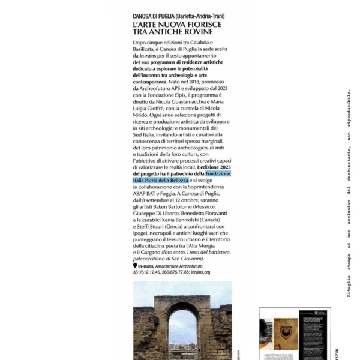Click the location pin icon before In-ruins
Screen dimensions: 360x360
click(x=134, y=265)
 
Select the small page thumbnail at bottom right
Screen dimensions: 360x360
click(x=295, y=334)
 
